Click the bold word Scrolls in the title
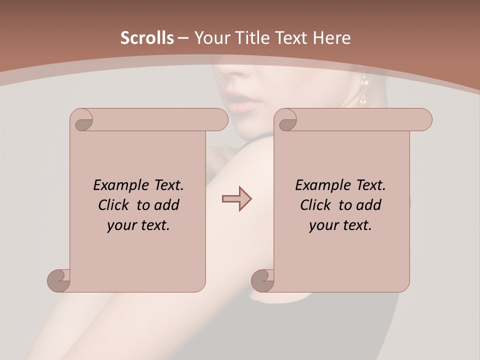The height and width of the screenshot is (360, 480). (x=147, y=38)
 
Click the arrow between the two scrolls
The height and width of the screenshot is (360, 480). (x=236, y=199)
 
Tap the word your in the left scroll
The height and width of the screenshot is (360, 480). (x=120, y=225)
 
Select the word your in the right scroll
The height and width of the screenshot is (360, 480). (x=322, y=225)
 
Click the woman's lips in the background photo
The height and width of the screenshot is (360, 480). (x=243, y=102)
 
